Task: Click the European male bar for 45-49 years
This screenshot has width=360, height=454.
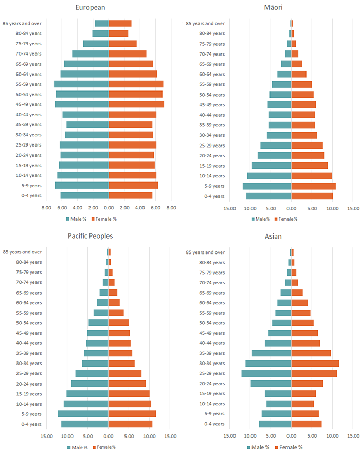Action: [x=81, y=104]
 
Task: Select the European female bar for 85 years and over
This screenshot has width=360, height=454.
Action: [x=120, y=23]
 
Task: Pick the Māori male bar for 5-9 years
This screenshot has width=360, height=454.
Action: [x=267, y=186]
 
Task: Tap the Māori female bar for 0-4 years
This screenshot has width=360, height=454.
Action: [x=312, y=196]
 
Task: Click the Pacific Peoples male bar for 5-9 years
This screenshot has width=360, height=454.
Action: [x=83, y=414]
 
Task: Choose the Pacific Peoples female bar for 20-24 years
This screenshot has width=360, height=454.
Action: [x=127, y=384]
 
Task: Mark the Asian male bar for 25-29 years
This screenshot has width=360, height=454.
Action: [x=266, y=373]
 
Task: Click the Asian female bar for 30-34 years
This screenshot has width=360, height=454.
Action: [x=315, y=364]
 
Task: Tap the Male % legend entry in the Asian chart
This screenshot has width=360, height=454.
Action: [x=258, y=447]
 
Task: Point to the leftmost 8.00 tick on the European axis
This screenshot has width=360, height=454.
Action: [x=46, y=208]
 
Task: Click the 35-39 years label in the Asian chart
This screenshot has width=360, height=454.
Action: [x=212, y=353]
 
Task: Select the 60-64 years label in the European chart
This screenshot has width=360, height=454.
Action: [x=29, y=74]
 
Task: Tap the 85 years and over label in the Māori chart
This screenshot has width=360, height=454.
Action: [x=205, y=23]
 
